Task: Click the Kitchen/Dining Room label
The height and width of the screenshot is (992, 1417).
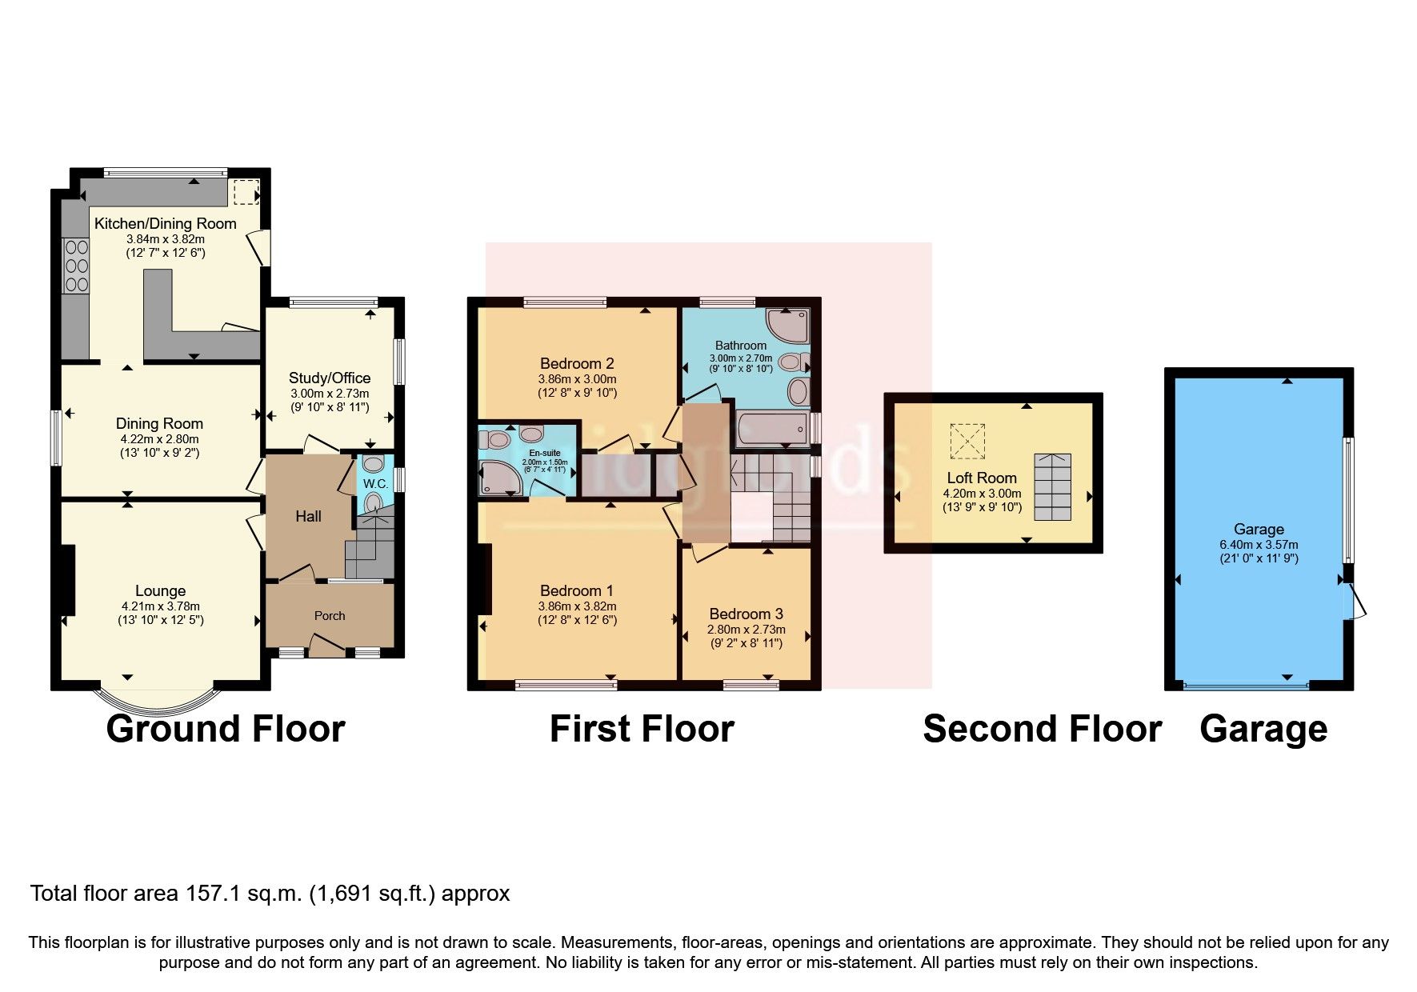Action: [x=165, y=223]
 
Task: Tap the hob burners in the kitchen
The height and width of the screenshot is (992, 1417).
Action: [x=77, y=266]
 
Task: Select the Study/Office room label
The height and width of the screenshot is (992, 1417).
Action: [x=329, y=378]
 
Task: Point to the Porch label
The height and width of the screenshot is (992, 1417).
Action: [x=329, y=615]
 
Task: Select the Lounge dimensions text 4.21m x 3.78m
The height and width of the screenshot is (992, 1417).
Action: [x=159, y=606]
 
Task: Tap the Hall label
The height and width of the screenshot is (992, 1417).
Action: [x=308, y=517]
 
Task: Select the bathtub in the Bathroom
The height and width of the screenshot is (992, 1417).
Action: [x=772, y=430]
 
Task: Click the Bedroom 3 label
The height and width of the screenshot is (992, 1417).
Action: [x=746, y=614]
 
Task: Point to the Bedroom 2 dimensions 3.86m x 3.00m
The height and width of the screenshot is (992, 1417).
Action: [x=577, y=378]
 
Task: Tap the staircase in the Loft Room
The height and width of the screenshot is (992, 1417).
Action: [x=1052, y=486]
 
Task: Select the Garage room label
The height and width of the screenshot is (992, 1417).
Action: [x=1259, y=529]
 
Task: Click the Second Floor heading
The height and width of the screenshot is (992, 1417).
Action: [x=1042, y=729]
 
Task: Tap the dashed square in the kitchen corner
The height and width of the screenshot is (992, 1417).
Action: [x=246, y=191]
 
